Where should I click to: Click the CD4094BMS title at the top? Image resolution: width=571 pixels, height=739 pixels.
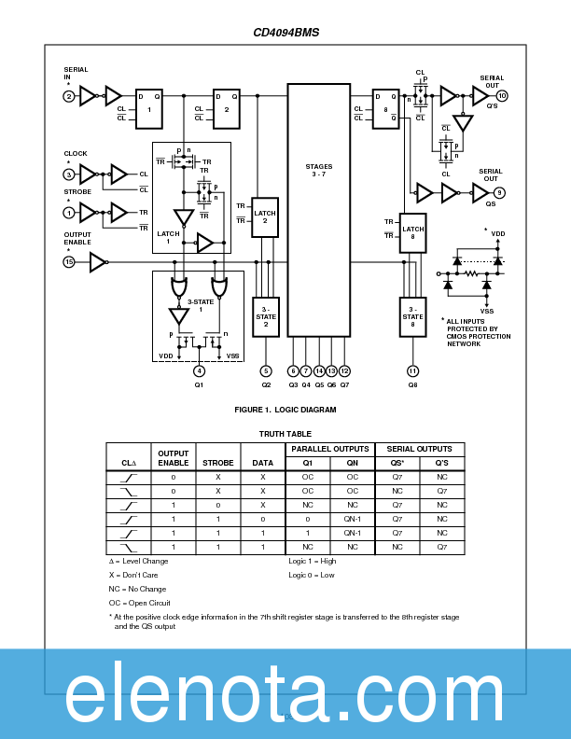click(285, 33)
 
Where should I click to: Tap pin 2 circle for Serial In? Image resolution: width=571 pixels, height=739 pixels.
click(68, 96)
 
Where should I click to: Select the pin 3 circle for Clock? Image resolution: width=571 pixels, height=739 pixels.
click(68, 174)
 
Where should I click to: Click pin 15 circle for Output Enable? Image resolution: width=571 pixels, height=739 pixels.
click(68, 263)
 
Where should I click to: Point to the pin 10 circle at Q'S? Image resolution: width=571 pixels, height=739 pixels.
click(502, 96)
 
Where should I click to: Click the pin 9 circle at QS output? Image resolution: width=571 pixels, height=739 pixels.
click(500, 193)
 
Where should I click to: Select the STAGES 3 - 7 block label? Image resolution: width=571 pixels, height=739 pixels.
click(318, 171)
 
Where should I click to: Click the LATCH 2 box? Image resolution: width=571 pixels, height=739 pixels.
click(265, 217)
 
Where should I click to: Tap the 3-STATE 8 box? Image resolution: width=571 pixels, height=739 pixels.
click(412, 316)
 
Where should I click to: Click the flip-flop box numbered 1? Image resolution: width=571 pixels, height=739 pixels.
click(149, 108)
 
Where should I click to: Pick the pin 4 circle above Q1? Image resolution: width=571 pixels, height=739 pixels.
click(199, 370)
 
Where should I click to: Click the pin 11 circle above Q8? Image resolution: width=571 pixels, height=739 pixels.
click(412, 370)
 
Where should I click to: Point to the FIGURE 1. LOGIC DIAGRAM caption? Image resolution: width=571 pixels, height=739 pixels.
click(285, 410)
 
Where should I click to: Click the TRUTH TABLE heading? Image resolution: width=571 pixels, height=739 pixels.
click(285, 433)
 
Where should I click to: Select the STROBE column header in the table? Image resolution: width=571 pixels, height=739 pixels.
click(217, 462)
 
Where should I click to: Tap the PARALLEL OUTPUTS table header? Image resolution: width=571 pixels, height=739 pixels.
click(330, 450)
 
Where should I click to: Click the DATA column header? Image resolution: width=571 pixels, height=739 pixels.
click(263, 462)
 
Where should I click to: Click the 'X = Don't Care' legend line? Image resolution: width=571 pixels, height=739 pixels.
click(132, 575)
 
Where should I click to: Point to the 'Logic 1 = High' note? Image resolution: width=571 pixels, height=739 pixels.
click(313, 561)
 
